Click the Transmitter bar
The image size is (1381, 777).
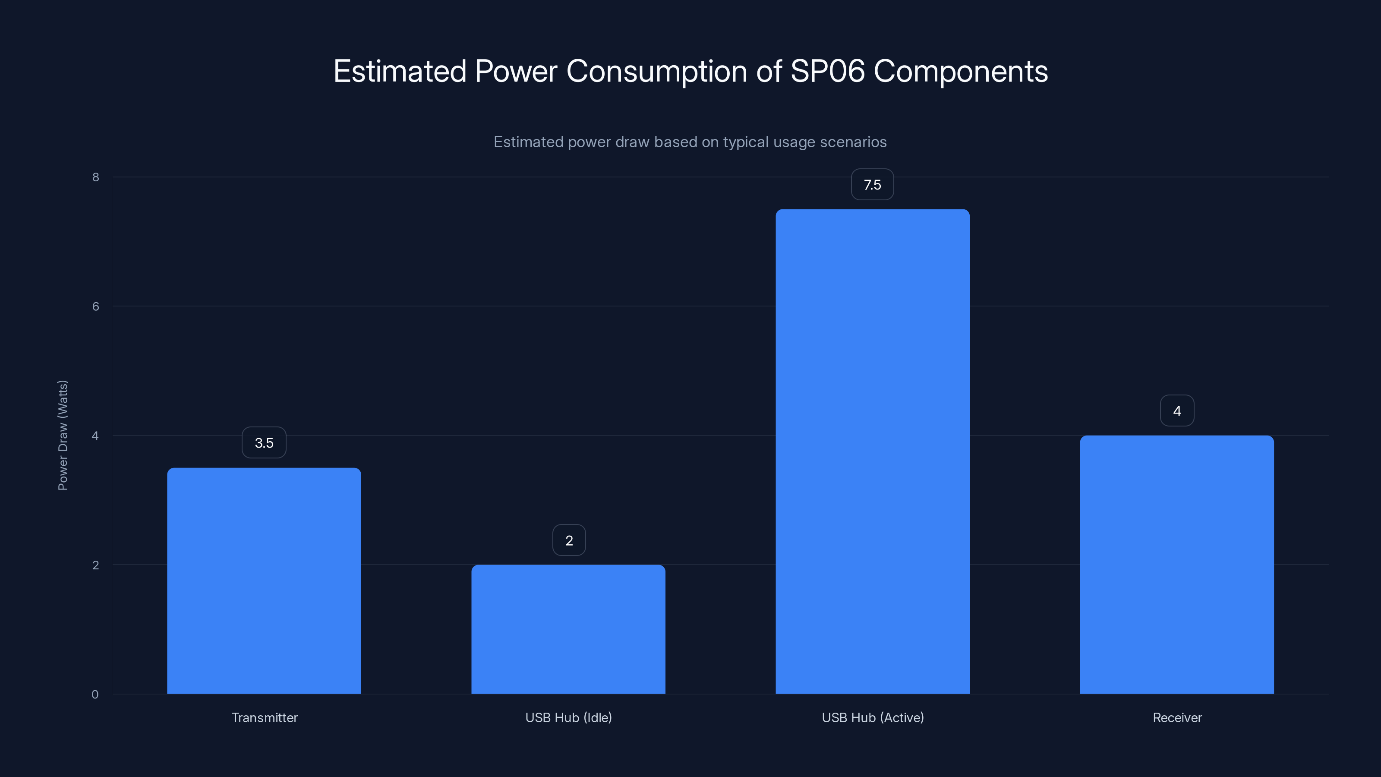pos(264,580)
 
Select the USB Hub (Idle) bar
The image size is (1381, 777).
pos(568,629)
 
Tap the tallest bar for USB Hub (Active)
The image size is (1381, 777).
pos(872,451)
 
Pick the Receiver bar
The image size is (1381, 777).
pos(1177,564)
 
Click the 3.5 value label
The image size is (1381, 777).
pos(264,443)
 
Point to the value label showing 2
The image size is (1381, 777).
pos(569,540)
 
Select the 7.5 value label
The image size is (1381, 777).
pos(872,185)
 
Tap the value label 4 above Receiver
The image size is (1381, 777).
pos(1177,411)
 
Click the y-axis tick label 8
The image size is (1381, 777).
pos(95,177)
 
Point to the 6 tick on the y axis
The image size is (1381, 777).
pos(95,307)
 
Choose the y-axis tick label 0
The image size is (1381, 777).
pos(95,695)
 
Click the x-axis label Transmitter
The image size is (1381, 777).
pos(264,718)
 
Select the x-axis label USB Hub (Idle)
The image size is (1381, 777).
pos(568,718)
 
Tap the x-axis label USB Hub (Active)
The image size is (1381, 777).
pos(872,718)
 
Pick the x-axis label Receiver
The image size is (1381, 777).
pos(1177,718)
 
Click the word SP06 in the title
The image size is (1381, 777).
pos(827,71)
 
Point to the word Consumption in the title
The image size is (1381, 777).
pos(656,71)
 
